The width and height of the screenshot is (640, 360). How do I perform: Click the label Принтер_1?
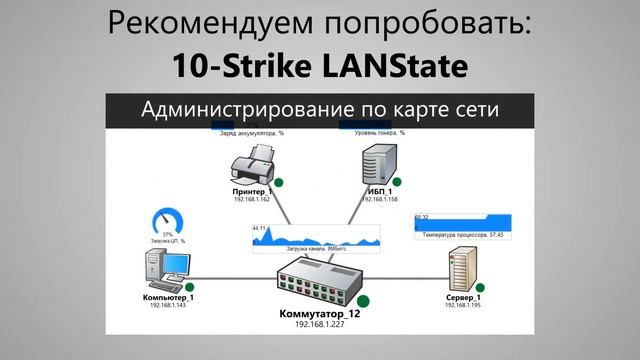(250, 191)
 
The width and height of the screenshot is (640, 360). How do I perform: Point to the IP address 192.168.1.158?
(380, 199)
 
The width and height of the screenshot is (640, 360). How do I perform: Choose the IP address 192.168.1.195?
(463, 305)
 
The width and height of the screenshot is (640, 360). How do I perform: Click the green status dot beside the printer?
(279, 182)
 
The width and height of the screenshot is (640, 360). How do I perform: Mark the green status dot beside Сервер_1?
(493, 297)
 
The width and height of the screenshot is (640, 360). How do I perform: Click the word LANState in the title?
(386, 66)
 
